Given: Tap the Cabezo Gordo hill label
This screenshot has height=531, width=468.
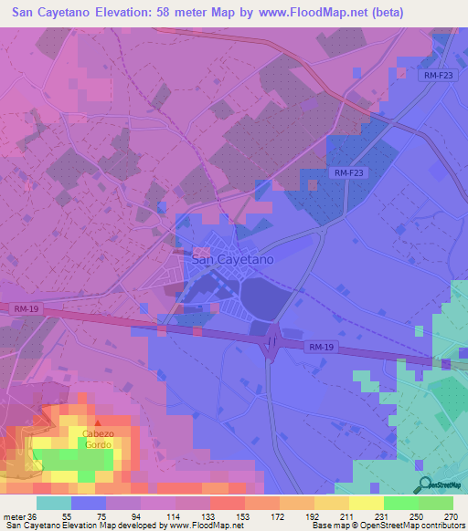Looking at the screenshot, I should pos(97,438).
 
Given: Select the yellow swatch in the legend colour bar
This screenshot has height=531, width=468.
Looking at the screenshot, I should pos(366,504).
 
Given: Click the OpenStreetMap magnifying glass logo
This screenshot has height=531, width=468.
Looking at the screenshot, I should pos(423,484).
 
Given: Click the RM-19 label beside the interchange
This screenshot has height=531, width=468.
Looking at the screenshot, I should pos(321,348).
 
